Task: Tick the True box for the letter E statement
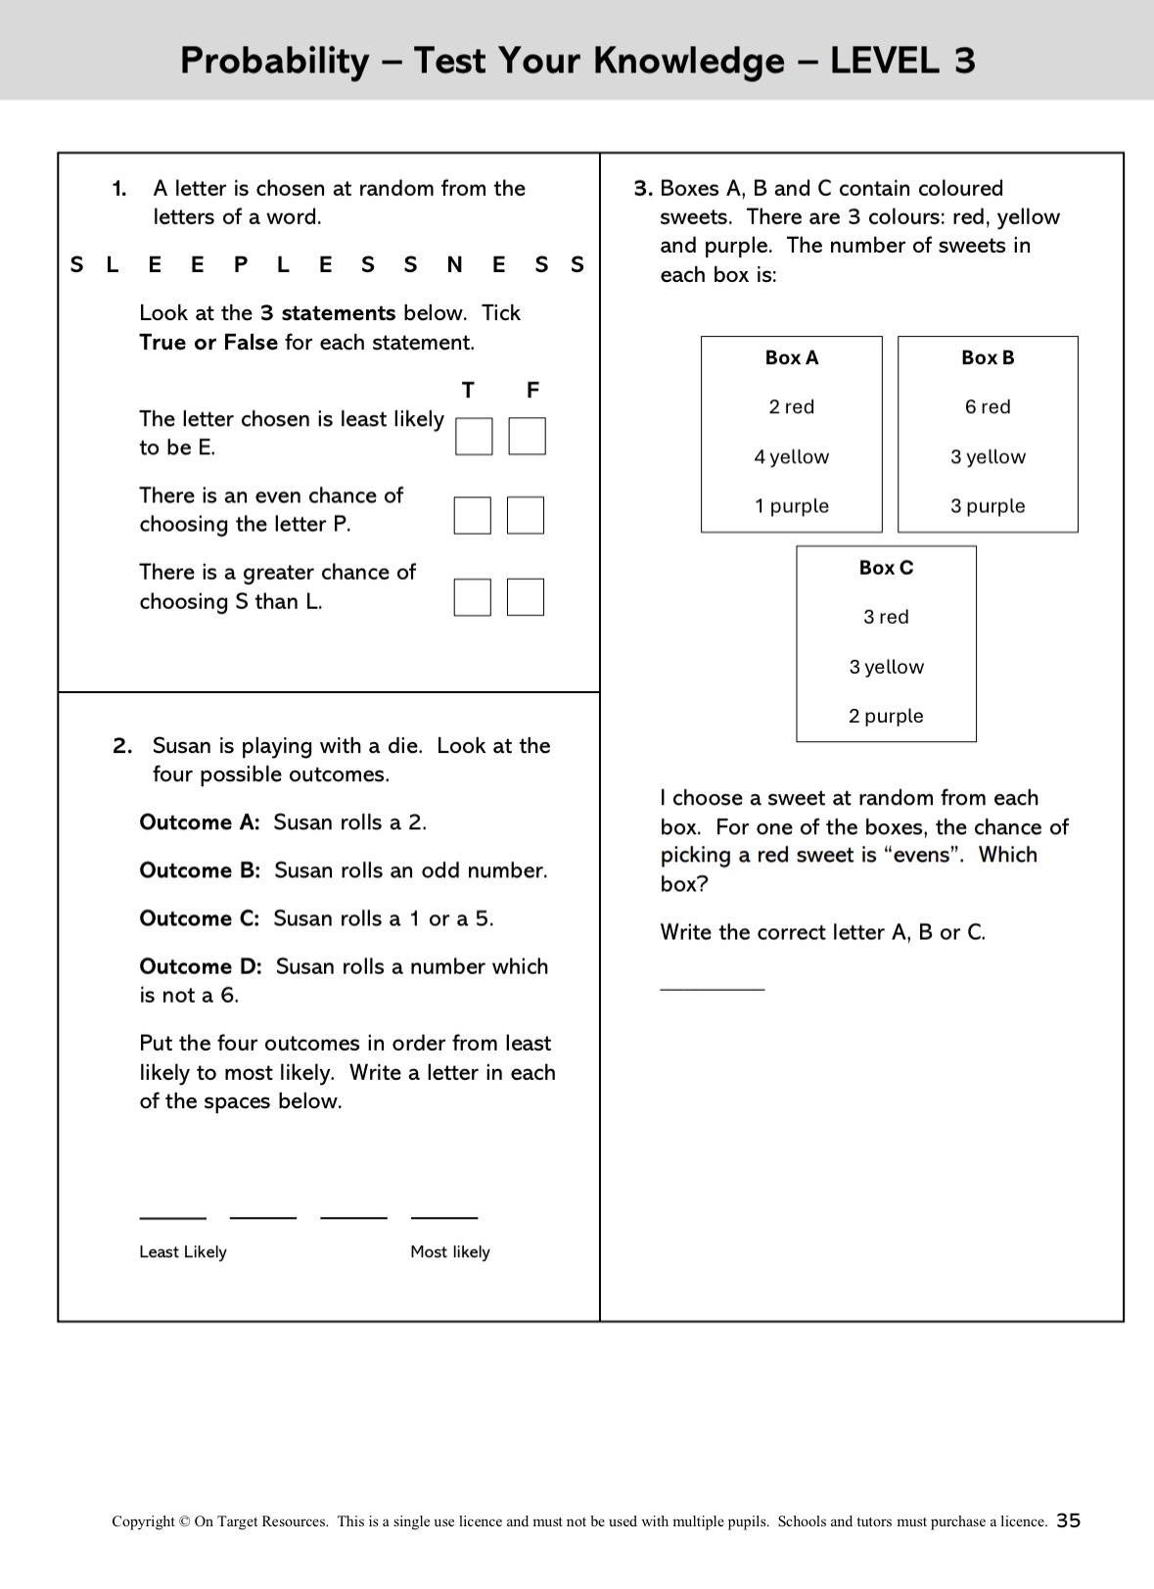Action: (474, 437)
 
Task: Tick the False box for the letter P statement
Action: (526, 515)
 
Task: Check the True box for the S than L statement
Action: (473, 597)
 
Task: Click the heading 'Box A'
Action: (792, 358)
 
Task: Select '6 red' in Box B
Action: (988, 407)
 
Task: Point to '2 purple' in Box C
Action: (886, 717)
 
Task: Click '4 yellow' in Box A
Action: (792, 457)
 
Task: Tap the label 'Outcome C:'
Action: (200, 919)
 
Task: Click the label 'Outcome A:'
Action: (200, 823)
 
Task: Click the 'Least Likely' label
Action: (183, 1252)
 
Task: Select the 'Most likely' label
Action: (450, 1252)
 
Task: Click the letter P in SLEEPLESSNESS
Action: (241, 265)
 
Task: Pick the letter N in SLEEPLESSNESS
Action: (454, 265)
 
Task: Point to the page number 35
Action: (1069, 1520)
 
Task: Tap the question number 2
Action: (122, 747)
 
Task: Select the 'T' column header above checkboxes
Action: (469, 391)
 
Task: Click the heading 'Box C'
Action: (886, 569)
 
